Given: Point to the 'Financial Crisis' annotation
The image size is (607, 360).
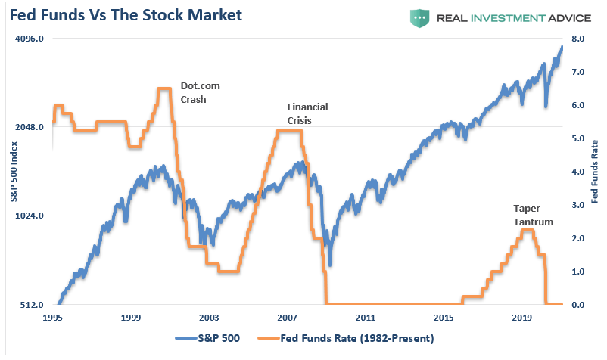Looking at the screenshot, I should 307,113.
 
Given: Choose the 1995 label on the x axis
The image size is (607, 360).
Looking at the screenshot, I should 53,318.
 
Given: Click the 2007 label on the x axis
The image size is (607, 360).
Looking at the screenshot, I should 287,318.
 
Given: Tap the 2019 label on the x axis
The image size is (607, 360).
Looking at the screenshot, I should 521,318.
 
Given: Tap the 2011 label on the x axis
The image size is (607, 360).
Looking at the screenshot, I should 365,318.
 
